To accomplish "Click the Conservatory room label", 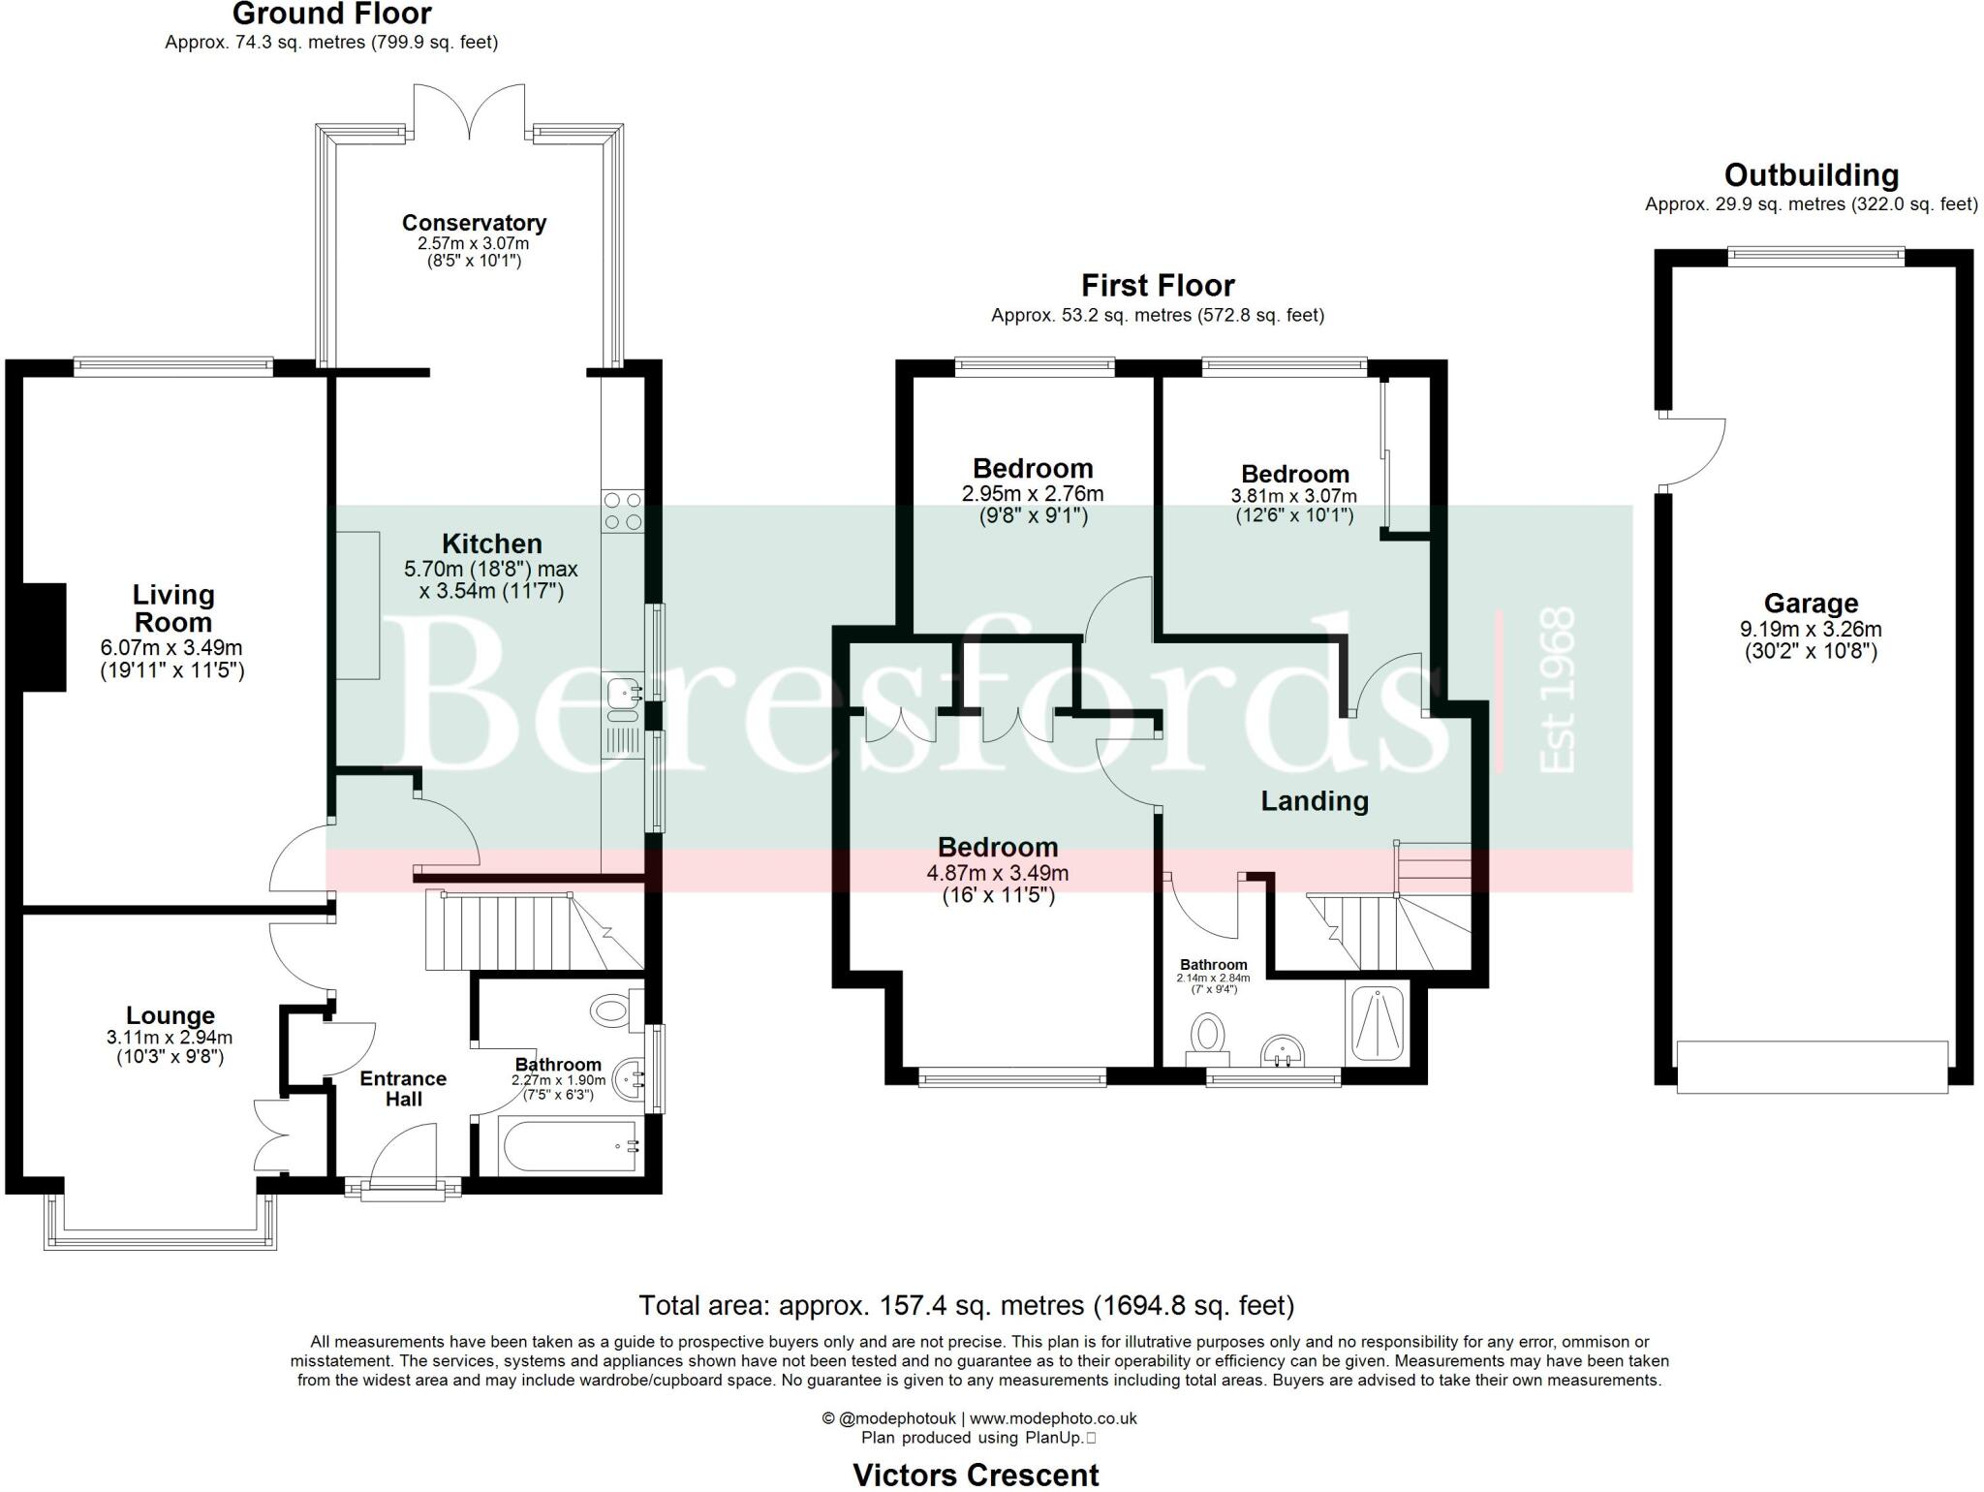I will [x=474, y=223].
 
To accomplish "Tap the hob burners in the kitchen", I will [x=622, y=512].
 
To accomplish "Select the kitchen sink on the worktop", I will [x=621, y=695].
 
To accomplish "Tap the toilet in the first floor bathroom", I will [x=1208, y=1035].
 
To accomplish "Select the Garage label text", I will [x=1810, y=604].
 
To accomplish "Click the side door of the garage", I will [x=1690, y=451].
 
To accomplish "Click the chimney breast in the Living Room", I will [x=44, y=637].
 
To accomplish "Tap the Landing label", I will [x=1314, y=801].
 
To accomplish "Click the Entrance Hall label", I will [x=403, y=1089].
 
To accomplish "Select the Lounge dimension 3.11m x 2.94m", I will [x=170, y=1038].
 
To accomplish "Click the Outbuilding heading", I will [x=1811, y=175].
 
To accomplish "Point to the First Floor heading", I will [x=1157, y=286].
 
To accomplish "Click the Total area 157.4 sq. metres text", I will [x=966, y=1306].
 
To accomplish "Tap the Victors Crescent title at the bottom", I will [x=976, y=1475].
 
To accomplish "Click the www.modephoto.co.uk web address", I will [x=1052, y=1418].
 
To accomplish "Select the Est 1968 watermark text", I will [x=1557, y=689].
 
